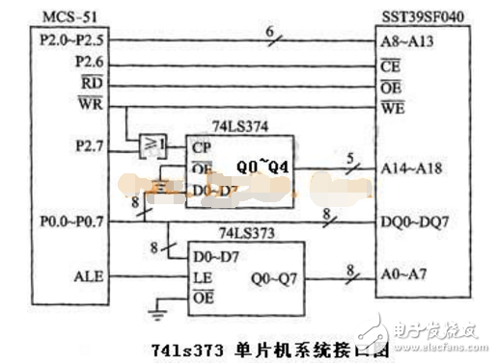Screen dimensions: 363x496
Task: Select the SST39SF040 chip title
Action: coord(425,13)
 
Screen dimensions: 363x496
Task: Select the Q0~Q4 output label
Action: coord(263,166)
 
